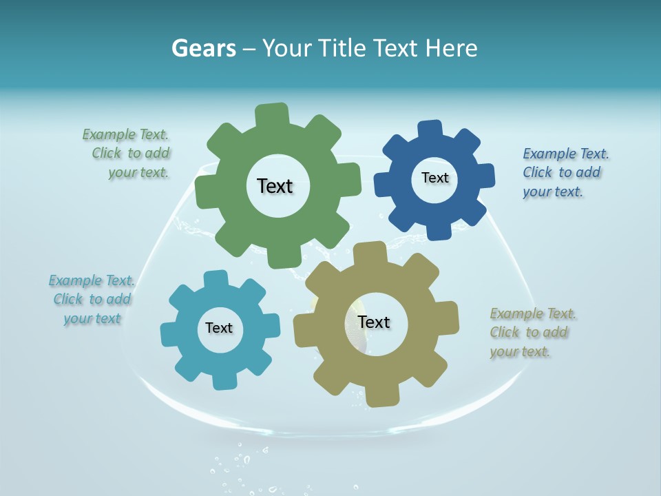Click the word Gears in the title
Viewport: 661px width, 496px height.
point(204,48)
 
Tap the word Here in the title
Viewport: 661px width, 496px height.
point(451,48)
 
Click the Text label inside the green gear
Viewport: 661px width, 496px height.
point(275,186)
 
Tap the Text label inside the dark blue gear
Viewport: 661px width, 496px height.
point(434,178)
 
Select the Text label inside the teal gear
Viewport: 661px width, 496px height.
point(219,328)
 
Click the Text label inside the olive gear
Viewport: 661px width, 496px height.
point(374,322)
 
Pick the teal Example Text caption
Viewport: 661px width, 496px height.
point(92,299)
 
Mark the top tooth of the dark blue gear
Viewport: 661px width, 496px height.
point(430,130)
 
